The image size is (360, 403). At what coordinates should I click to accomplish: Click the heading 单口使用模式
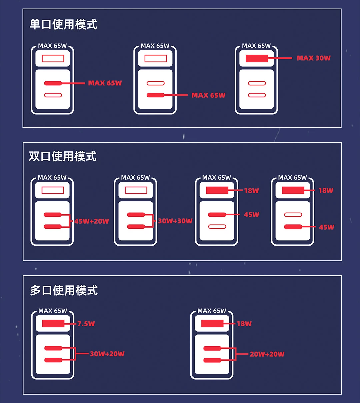pos(63,25)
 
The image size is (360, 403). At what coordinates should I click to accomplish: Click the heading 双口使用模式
pos(63,156)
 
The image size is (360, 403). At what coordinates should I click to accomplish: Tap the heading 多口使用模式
pos(64,290)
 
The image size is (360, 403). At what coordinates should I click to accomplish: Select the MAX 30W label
pos(314,58)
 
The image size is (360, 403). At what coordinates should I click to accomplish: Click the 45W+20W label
pos(92,221)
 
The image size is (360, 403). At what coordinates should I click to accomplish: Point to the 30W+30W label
pos(175,221)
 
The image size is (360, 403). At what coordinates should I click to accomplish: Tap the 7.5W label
pos(86,324)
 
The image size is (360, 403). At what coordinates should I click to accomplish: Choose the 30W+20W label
pos(107,354)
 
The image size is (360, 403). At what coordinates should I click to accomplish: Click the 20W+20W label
pos(267,354)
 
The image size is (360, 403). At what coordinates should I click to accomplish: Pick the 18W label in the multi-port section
pos(244,324)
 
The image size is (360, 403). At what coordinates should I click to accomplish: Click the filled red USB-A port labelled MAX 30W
pos(257,58)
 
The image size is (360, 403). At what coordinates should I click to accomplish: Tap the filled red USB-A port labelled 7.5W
pos(53,323)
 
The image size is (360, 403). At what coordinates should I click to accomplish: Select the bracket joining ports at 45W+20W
pos(70,221)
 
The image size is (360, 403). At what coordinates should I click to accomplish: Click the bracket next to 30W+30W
pos(153,221)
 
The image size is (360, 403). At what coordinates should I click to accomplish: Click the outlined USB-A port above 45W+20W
pos(52,190)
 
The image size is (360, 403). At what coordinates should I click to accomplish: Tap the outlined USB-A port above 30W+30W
pos(136,190)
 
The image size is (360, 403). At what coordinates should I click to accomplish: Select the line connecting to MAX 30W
pos(280,58)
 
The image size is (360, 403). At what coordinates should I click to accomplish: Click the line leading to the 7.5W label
pos(70,324)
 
